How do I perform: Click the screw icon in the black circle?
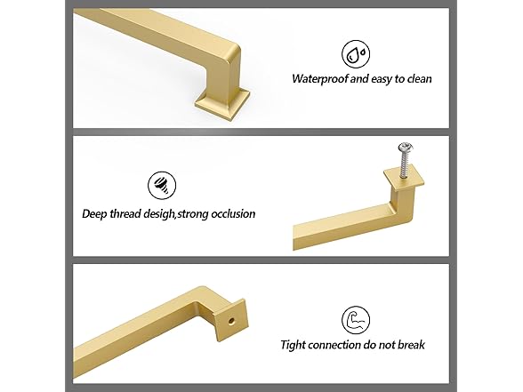point(160,185)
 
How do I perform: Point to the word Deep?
point(96,213)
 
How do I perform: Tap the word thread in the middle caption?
point(129,213)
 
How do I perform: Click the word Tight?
point(294,346)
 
